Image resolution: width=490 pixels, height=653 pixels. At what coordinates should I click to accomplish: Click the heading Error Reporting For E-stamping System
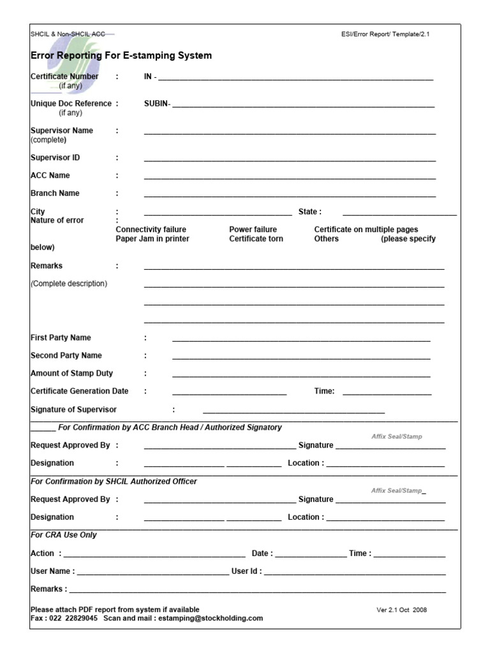121,55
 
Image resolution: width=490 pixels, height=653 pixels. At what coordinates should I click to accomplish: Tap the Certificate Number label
64,77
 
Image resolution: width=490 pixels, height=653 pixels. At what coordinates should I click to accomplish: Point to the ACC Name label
50,175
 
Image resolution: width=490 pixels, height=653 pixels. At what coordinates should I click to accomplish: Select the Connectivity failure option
151,230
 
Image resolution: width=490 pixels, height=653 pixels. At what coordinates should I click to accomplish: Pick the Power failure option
253,230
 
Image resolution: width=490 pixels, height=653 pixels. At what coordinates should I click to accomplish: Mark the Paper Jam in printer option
152,238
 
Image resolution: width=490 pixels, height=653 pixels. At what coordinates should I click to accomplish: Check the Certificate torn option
256,238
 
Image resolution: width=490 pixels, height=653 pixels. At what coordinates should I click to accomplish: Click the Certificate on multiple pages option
366,230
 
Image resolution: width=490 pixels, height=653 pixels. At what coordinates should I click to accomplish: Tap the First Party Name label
61,337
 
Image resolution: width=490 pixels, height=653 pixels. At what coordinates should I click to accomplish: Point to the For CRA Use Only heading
64,534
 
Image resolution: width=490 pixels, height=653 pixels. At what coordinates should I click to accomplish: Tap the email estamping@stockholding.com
211,618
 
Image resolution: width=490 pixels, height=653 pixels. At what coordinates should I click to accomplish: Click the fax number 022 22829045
73,618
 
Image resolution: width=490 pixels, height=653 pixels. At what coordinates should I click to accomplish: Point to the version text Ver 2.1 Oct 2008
401,610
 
